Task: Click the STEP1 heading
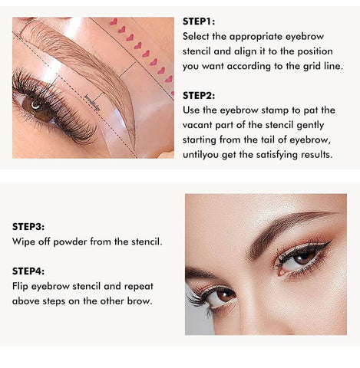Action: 199,21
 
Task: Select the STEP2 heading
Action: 199,96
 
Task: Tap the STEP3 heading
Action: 28,227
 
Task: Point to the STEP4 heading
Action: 28,271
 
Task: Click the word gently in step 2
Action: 310,126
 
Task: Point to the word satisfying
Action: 277,155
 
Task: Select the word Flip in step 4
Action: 20,287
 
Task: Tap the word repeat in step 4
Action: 139,287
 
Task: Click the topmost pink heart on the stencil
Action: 114,21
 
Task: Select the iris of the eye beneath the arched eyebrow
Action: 304,258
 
